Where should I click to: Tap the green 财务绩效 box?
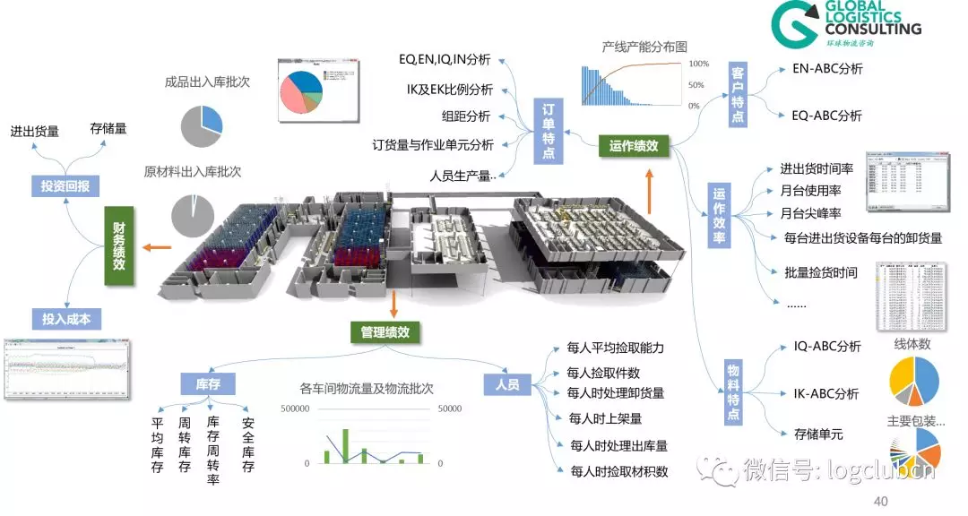click(118, 246)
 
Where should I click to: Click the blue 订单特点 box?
click(549, 131)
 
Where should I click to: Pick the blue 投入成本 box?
click(66, 319)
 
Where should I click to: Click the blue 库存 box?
click(208, 384)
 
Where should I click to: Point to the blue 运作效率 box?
click(719, 215)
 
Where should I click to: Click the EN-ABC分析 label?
click(827, 68)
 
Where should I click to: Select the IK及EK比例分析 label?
click(449, 90)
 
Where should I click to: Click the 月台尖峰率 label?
click(810, 213)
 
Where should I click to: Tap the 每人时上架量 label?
click(605, 418)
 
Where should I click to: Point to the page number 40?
click(880, 500)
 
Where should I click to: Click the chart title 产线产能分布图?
click(645, 47)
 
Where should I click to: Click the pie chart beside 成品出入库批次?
click(202, 126)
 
